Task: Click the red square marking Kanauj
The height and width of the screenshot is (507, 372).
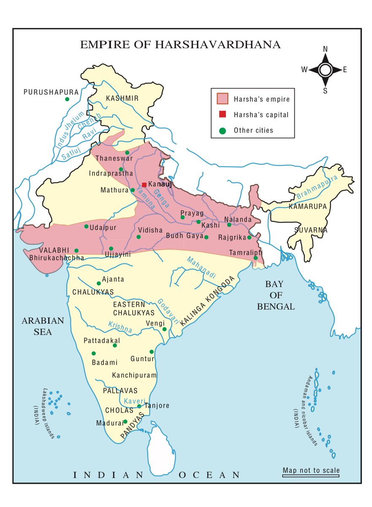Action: pos(144,185)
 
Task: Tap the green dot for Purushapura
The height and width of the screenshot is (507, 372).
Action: pos(67,99)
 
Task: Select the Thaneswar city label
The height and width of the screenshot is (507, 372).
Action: pos(114,158)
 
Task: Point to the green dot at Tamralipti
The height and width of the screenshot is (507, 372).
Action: pos(255,258)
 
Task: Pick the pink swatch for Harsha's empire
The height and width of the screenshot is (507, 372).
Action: pos(222,99)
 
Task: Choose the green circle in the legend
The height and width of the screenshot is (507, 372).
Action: pos(222,131)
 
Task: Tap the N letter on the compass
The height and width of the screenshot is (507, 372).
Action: pos(325,49)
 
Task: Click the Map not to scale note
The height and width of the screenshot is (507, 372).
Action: pos(311,470)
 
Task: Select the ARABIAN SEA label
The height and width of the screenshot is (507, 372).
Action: pos(43,326)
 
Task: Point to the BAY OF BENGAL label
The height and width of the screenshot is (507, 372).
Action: pos(276,295)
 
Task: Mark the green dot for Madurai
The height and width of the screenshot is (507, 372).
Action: pos(125,422)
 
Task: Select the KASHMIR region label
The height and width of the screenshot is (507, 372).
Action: pos(122,98)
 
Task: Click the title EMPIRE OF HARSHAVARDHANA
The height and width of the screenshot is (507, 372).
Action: pos(180,45)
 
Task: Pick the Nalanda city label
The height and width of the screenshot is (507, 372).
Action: pos(237,219)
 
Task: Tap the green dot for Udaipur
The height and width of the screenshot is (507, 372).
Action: pos(87,226)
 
